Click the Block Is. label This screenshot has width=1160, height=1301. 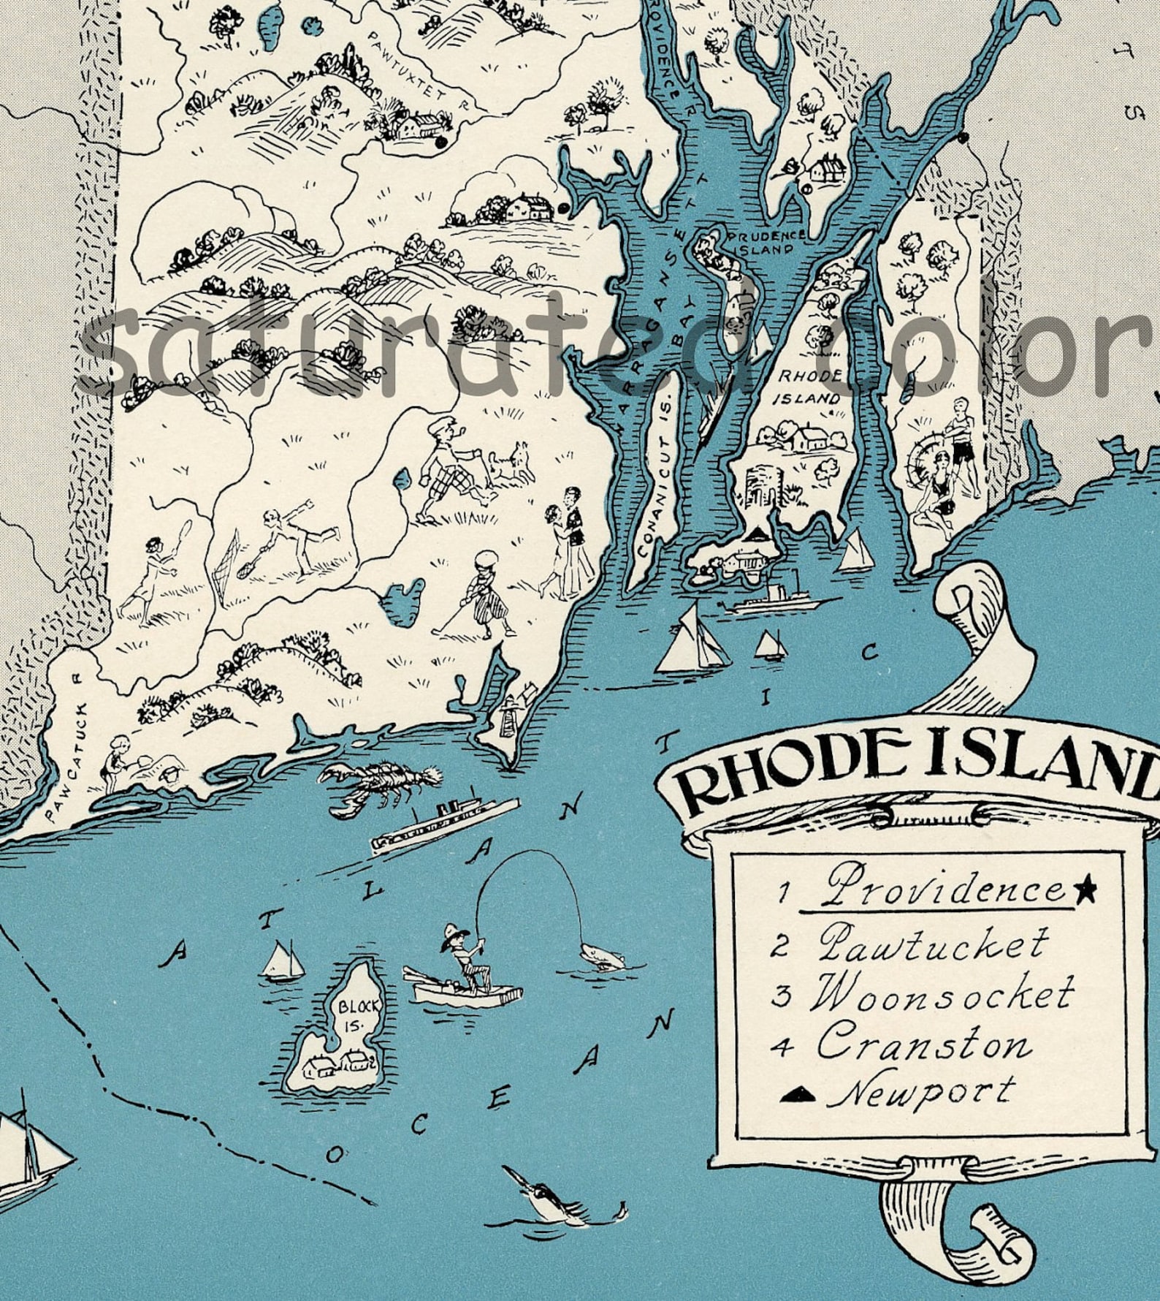pos(358,1015)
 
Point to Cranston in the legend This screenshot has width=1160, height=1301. pos(924,1043)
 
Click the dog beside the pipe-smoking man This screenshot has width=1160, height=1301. pos(511,465)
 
